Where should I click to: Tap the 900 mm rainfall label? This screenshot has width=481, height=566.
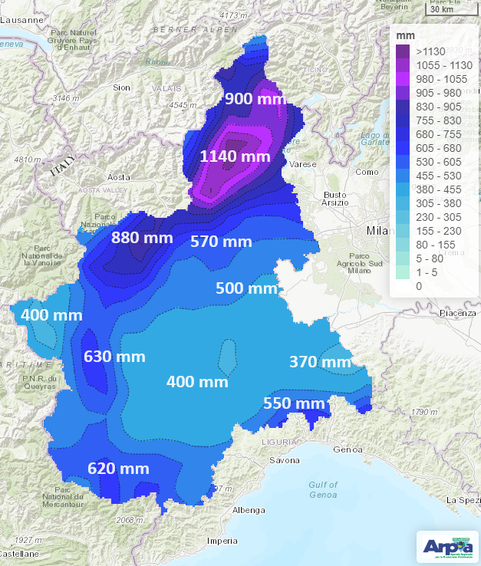coord(255,99)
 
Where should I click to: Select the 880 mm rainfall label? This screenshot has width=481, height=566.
coord(143,238)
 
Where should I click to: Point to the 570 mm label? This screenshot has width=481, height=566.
coord(221,242)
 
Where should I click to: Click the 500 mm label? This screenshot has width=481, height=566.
coord(246,288)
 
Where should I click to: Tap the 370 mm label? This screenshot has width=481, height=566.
coord(320,362)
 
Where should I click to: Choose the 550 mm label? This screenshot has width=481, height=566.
coord(294,403)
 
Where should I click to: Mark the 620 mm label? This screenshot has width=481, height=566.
coord(118,469)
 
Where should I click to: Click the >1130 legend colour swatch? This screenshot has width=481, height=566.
coord(403,51)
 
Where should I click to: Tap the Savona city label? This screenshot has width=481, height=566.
coord(284,460)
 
